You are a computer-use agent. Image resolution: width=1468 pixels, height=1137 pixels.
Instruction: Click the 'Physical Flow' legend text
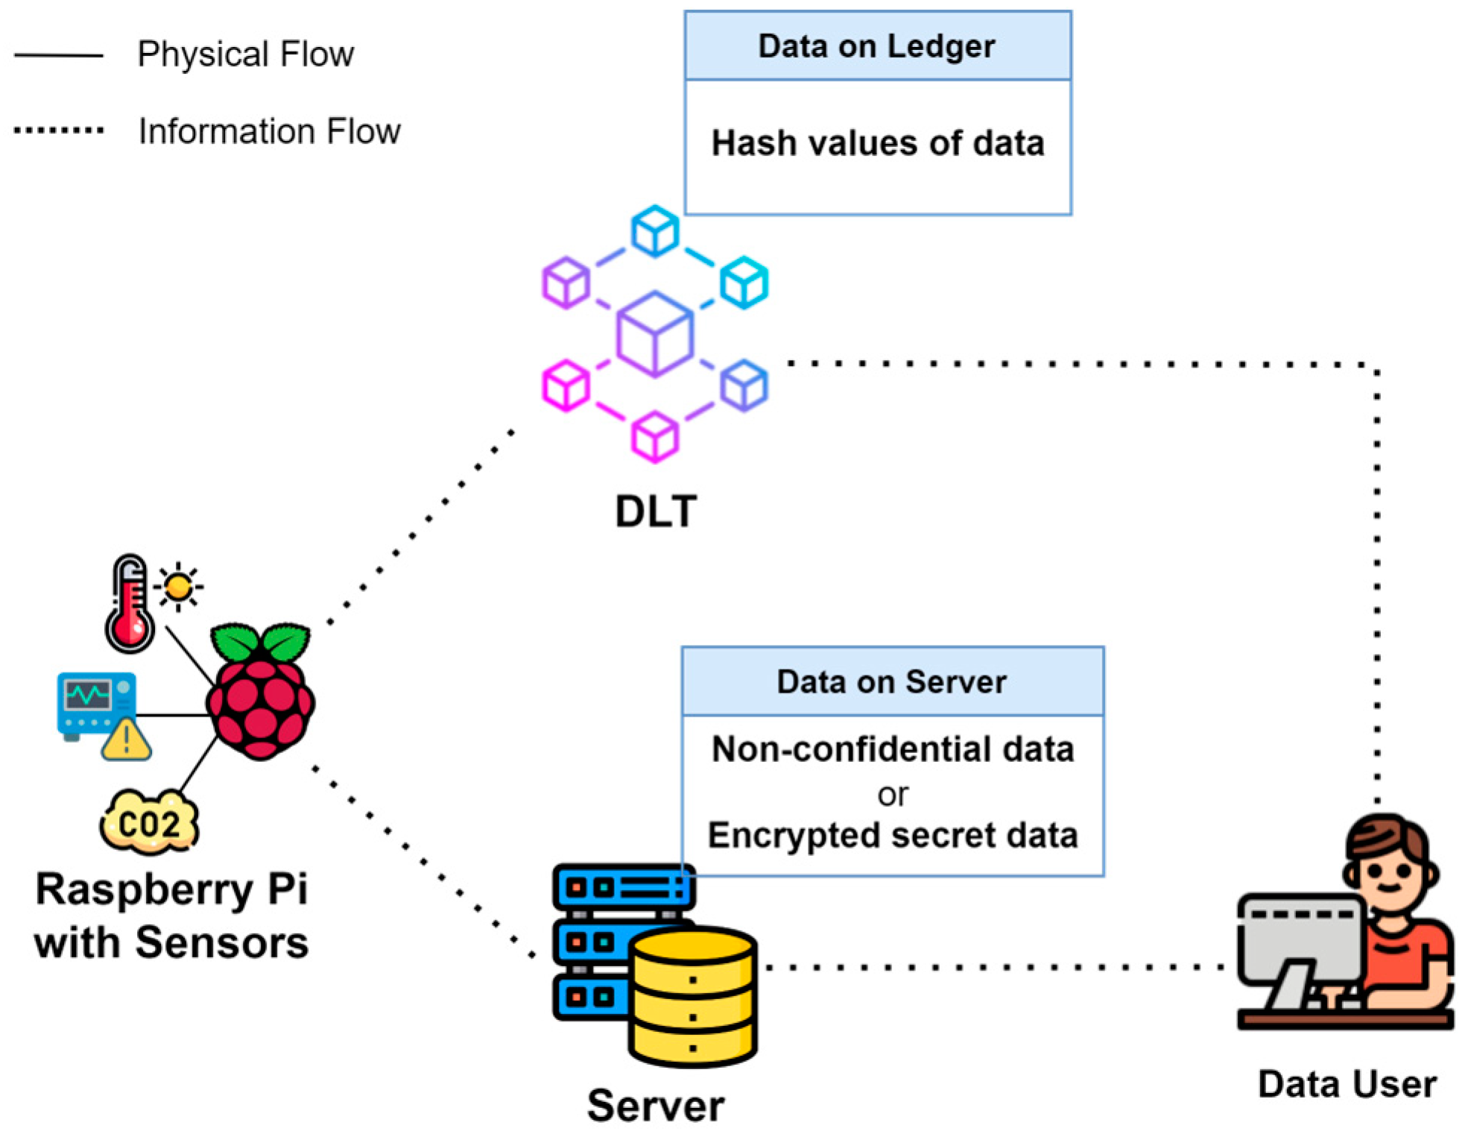pyautogui.click(x=246, y=54)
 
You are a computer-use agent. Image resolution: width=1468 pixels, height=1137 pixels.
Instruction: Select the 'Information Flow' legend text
pyautogui.click(x=270, y=131)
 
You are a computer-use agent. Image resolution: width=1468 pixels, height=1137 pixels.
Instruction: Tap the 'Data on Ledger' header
pyautogui.click(x=876, y=46)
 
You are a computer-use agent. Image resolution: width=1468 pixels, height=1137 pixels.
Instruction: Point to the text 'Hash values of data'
pyautogui.click(x=878, y=143)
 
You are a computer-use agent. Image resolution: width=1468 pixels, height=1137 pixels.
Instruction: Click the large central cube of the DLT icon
pyautogui.click(x=655, y=333)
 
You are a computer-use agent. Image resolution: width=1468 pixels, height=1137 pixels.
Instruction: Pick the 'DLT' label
pyautogui.click(x=656, y=511)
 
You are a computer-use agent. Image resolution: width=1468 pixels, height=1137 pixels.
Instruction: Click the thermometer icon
pyautogui.click(x=130, y=603)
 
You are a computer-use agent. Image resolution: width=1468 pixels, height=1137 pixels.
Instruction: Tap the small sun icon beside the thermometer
pyautogui.click(x=178, y=587)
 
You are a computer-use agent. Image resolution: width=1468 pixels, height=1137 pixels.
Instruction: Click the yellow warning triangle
pyautogui.click(x=126, y=740)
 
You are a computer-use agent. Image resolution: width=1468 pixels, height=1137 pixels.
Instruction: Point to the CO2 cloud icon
pyautogui.click(x=149, y=822)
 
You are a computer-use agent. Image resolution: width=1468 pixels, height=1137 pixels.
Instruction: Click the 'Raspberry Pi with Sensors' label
pyautogui.click(x=171, y=916)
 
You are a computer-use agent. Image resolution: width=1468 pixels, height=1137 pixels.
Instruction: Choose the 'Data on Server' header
pyautogui.click(x=892, y=681)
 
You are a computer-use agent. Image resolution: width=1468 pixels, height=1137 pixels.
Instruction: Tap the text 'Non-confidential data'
pyautogui.click(x=893, y=749)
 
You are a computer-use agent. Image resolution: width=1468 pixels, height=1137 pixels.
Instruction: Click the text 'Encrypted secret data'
pyautogui.click(x=893, y=835)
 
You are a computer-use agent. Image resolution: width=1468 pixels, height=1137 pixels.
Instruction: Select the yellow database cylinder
pyautogui.click(x=692, y=996)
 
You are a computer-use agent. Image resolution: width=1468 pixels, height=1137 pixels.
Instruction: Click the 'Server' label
pyautogui.click(x=656, y=1106)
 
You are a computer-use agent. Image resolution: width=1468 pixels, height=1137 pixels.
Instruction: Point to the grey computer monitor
pyautogui.click(x=1301, y=951)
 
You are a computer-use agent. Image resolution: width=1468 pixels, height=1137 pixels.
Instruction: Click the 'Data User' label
pyautogui.click(x=1347, y=1084)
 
